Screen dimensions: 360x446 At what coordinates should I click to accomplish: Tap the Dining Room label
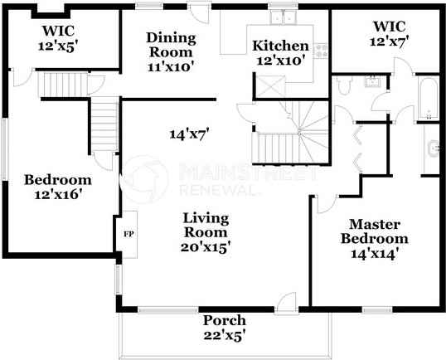[171, 52]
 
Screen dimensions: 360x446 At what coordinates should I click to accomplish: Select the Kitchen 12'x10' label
[280, 52]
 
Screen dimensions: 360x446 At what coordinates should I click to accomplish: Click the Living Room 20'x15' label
[206, 231]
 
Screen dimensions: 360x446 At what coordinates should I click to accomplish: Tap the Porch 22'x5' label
[223, 328]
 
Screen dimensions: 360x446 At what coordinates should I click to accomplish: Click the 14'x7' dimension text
[189, 133]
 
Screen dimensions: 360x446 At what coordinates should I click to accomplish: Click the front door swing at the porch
[286, 302]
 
